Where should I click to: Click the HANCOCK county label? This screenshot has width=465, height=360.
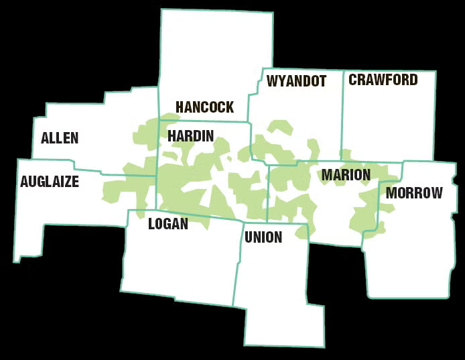tap(204, 107)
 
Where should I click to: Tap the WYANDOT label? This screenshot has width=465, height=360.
tap(296, 82)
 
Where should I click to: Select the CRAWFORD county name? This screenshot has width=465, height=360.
tap(383, 80)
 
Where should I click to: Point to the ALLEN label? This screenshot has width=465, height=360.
tap(60, 138)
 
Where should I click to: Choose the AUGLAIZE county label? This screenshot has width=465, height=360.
tap(50, 181)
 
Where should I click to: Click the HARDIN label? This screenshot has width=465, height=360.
tap(190, 136)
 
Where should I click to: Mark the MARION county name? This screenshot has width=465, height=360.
tap(346, 175)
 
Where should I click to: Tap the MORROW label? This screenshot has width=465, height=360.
tap(414, 193)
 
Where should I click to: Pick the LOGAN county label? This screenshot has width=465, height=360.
tap(168, 224)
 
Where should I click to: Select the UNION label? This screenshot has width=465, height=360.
tap(263, 237)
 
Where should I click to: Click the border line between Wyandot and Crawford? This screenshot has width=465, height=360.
tap(343, 114)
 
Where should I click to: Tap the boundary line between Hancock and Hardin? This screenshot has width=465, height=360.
tap(201, 121)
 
